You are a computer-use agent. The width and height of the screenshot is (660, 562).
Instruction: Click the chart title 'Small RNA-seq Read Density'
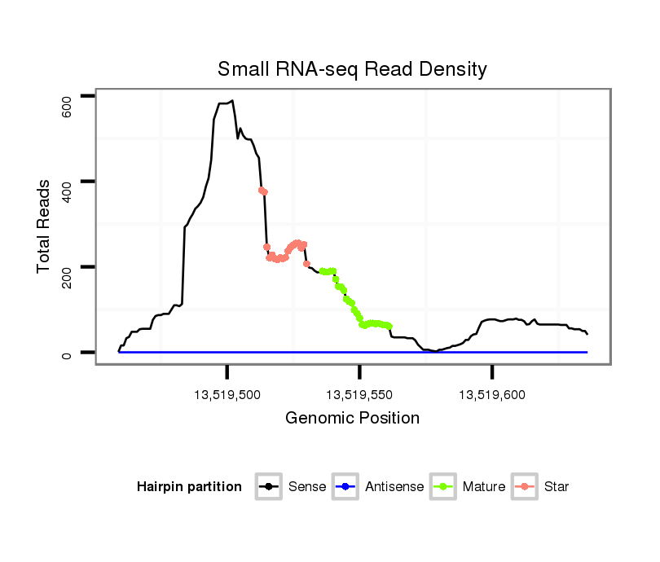click(352, 69)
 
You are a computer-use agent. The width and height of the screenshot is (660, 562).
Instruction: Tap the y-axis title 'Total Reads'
click(44, 226)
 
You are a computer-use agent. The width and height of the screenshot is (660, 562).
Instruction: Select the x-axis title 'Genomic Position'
click(352, 419)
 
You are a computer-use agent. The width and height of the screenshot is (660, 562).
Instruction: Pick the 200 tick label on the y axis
click(68, 267)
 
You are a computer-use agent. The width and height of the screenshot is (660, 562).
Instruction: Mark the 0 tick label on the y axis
click(68, 353)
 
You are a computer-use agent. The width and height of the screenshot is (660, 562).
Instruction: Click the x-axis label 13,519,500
click(227, 395)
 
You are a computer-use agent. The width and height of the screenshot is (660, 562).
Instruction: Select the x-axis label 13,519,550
click(359, 395)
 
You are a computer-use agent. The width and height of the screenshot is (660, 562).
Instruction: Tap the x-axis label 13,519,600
click(492, 395)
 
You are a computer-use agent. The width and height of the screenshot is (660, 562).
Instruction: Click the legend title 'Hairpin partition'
click(189, 487)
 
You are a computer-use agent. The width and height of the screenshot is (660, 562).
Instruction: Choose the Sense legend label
click(307, 487)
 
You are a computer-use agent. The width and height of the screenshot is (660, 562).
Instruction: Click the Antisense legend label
click(394, 487)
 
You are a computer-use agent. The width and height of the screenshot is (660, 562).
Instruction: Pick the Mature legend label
click(484, 487)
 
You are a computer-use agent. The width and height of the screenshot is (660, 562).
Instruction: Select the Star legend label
click(557, 487)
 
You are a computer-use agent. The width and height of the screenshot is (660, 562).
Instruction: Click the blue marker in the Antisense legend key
click(345, 487)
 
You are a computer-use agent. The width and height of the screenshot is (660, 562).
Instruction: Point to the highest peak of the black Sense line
click(232, 101)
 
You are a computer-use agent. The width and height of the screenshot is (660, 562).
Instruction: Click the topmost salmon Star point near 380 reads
click(261, 190)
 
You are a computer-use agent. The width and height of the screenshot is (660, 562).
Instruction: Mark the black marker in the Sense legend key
click(268, 487)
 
